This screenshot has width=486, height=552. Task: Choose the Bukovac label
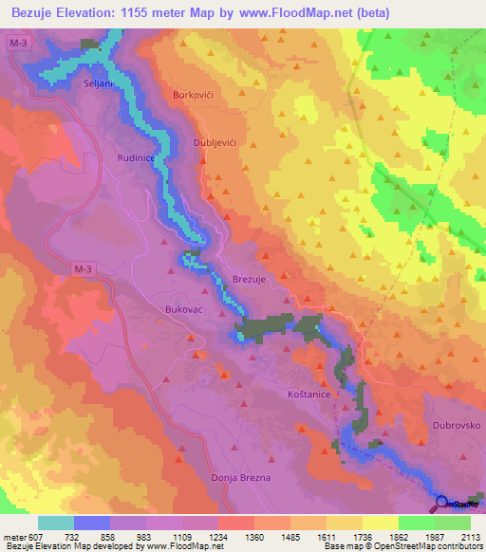[178, 309]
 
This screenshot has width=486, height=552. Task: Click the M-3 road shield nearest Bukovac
[85, 270]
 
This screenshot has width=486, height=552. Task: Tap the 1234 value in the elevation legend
[218, 536]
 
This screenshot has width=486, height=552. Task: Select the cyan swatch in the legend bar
[56, 523]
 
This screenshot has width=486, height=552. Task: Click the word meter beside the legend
[15, 536]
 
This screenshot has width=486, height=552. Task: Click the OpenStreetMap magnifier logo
[443, 506]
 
